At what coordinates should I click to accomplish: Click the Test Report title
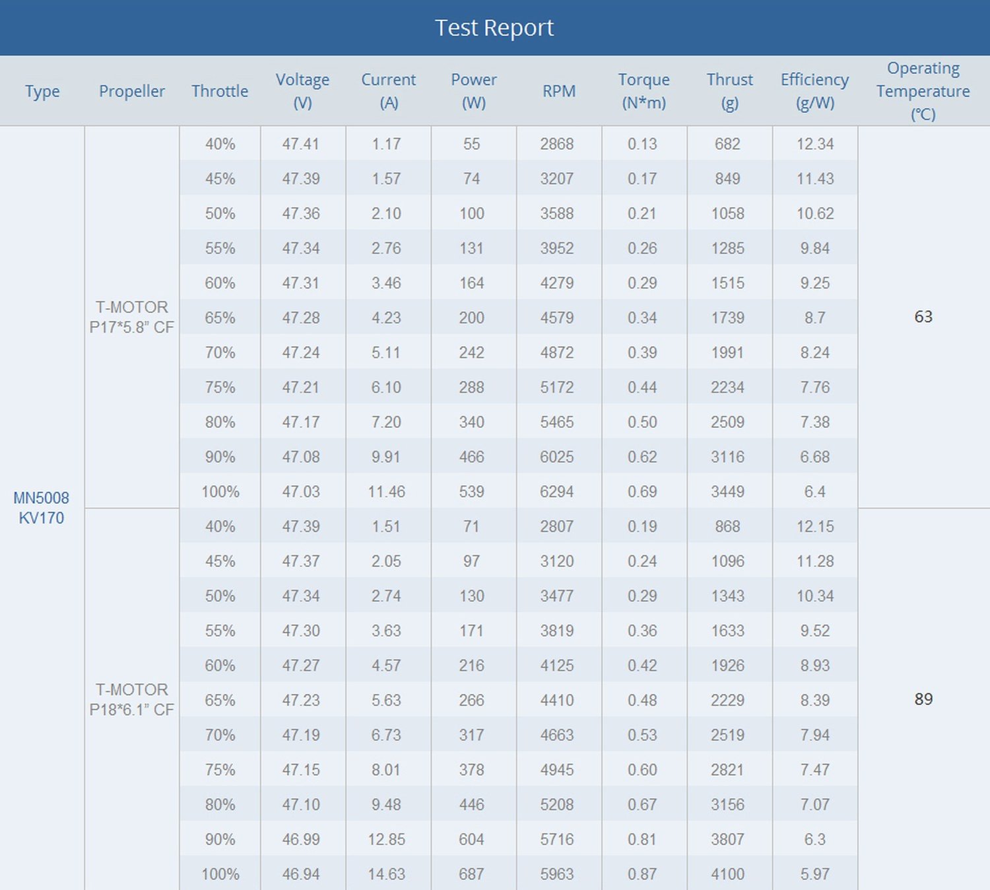(494, 28)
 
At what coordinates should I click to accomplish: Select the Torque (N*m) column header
(643, 91)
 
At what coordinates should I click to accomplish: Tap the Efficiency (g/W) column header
(815, 91)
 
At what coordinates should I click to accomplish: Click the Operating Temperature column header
(923, 91)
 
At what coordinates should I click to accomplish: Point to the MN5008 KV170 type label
(42, 508)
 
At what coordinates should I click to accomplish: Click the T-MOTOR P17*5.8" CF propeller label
(132, 317)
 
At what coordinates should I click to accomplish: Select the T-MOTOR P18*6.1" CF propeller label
(132, 699)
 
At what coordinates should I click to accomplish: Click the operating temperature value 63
(923, 317)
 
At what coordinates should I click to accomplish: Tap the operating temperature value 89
(923, 699)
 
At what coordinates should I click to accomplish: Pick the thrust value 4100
(727, 874)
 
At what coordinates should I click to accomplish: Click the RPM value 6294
(556, 491)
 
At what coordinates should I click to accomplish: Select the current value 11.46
(386, 491)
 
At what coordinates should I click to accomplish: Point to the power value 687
(471, 874)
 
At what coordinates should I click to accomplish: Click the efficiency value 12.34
(815, 144)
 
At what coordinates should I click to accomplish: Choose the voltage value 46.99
(301, 839)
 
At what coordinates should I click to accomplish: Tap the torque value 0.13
(642, 144)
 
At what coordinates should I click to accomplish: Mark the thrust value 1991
(727, 353)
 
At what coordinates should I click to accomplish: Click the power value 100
(471, 213)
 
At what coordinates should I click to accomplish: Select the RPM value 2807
(556, 526)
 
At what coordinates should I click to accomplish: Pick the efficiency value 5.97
(815, 874)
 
